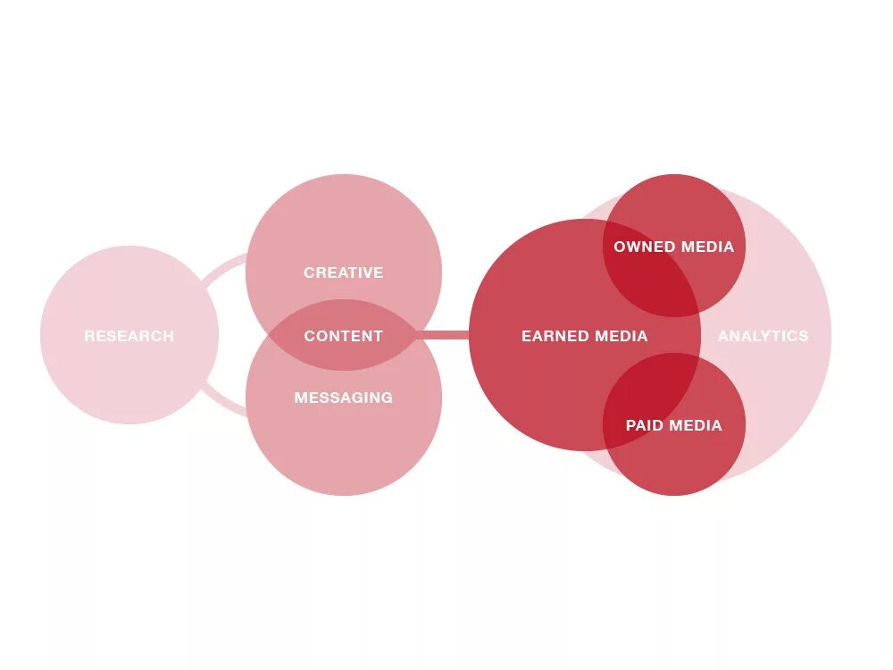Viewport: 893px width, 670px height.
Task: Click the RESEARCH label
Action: coord(129,336)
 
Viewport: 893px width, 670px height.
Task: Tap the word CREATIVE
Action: coord(343,272)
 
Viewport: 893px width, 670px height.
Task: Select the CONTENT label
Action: coord(343,336)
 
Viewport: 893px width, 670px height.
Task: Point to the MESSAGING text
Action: coord(343,398)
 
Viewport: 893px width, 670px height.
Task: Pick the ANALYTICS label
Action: coord(763,336)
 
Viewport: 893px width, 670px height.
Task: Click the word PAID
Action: coord(644,425)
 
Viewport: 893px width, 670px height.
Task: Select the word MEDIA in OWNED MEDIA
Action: coord(706,247)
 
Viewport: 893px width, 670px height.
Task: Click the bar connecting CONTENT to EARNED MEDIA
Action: coord(443,335)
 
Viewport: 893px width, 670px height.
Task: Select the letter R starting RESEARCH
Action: coord(89,336)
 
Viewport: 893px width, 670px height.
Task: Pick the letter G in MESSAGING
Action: coord(387,398)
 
